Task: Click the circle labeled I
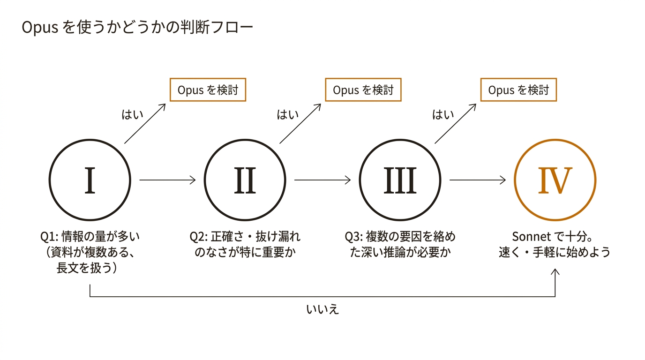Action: point(90,180)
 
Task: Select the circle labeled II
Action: point(245,180)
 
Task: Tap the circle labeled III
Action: point(400,180)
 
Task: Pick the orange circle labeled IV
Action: point(555,180)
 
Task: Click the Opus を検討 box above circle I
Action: point(208,90)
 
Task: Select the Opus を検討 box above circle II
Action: point(363,90)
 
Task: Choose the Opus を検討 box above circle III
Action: point(518,90)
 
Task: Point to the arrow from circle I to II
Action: point(167,180)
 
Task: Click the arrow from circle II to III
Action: point(322,180)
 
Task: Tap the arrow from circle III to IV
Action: point(478,180)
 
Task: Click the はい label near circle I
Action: point(133,115)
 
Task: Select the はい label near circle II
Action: point(288,115)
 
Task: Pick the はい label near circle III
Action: point(443,115)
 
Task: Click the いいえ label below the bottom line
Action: point(322,310)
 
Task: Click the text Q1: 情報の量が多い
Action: point(90,236)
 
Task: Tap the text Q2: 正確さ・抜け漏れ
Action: point(245,236)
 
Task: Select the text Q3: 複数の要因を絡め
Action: point(400,236)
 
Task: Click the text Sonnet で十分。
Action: point(555,236)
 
